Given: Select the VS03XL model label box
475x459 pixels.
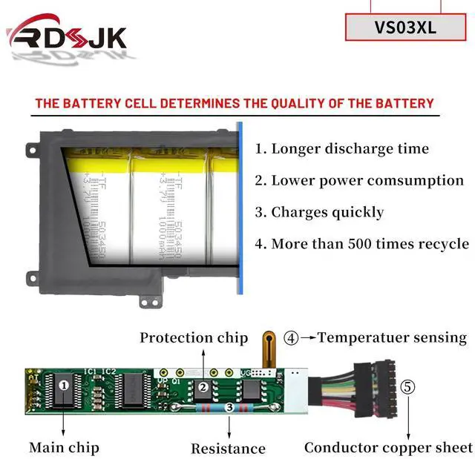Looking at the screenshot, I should (406, 27).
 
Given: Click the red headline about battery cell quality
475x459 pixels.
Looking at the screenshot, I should (235, 103).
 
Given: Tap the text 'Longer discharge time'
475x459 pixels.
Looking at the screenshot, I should (342, 148).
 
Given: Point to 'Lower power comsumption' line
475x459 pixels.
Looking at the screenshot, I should (359, 180).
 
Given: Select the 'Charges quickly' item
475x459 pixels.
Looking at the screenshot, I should (320, 212).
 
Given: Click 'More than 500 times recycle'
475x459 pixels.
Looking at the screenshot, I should (361, 244).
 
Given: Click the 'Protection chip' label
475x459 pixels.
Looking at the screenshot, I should (194, 338).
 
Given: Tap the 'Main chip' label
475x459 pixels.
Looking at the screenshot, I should (64, 447).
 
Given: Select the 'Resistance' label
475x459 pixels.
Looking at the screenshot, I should (228, 448).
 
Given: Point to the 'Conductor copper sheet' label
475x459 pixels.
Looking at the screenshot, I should (388, 447).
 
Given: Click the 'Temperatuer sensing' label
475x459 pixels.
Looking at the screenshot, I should (393, 338).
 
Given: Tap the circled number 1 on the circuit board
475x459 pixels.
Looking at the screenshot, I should (64, 385).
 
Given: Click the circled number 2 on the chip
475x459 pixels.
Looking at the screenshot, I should (202, 386).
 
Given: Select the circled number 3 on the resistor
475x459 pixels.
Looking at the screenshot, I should (229, 407).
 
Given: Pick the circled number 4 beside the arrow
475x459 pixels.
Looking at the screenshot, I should (292, 338).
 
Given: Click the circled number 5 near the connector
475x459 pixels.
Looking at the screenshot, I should (408, 387).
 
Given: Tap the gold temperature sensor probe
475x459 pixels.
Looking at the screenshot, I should (264, 350).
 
